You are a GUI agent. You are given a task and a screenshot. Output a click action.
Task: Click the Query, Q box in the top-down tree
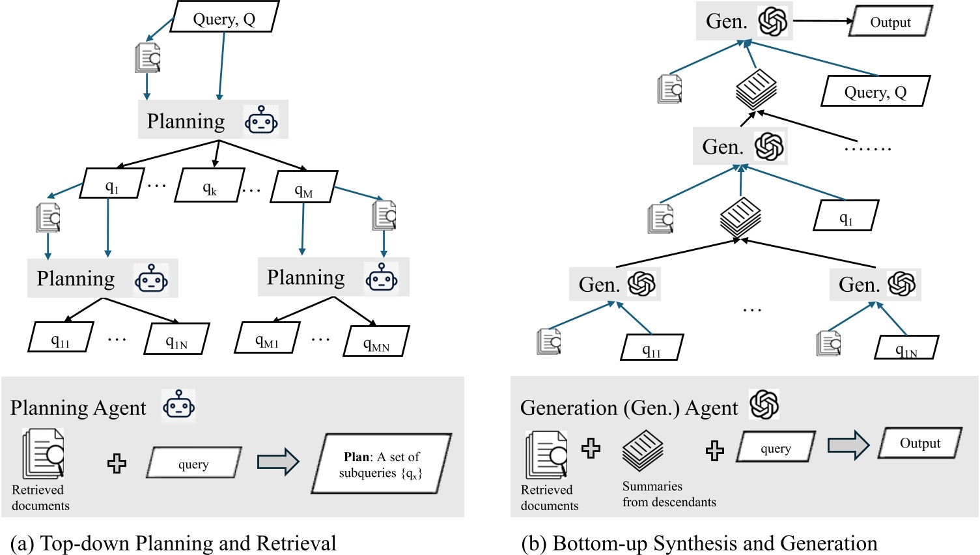(x=225, y=18)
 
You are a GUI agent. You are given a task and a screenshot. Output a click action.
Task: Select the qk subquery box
(x=210, y=187)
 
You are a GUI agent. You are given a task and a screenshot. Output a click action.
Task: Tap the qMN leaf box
(x=376, y=342)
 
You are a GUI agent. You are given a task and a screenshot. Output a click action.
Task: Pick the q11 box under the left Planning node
(x=61, y=338)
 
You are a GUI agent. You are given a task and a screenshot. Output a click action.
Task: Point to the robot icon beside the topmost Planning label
(x=261, y=120)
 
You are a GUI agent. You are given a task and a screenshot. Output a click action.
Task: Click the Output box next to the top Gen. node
(x=890, y=21)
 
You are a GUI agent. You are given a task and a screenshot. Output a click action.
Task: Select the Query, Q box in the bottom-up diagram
(x=875, y=91)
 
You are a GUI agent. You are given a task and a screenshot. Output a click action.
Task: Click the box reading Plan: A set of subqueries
(x=381, y=464)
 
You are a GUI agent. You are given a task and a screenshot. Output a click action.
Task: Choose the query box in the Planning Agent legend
(x=194, y=463)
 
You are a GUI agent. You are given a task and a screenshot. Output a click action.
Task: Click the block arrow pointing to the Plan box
(x=278, y=462)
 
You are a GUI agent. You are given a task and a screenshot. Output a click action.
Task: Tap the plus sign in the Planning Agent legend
(x=117, y=463)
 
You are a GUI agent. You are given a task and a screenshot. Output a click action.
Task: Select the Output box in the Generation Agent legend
(x=920, y=443)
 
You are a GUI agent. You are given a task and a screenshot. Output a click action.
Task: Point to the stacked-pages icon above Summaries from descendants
(x=643, y=450)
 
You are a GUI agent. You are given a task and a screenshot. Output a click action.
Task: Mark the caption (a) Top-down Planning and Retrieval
(x=174, y=543)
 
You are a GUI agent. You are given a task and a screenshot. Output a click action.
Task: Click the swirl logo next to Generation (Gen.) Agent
(x=764, y=405)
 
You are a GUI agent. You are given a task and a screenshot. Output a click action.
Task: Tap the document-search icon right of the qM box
(x=384, y=215)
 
